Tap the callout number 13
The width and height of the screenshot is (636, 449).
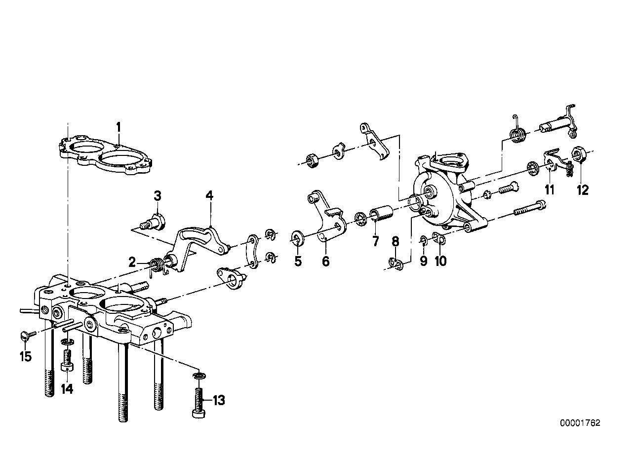[218, 400]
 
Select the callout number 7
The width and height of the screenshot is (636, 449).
[376, 241]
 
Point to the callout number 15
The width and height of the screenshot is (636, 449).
[25, 356]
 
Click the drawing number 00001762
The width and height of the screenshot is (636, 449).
[580, 423]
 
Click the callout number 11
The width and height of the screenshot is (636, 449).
[550, 189]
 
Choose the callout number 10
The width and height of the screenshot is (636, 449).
[440, 261]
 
